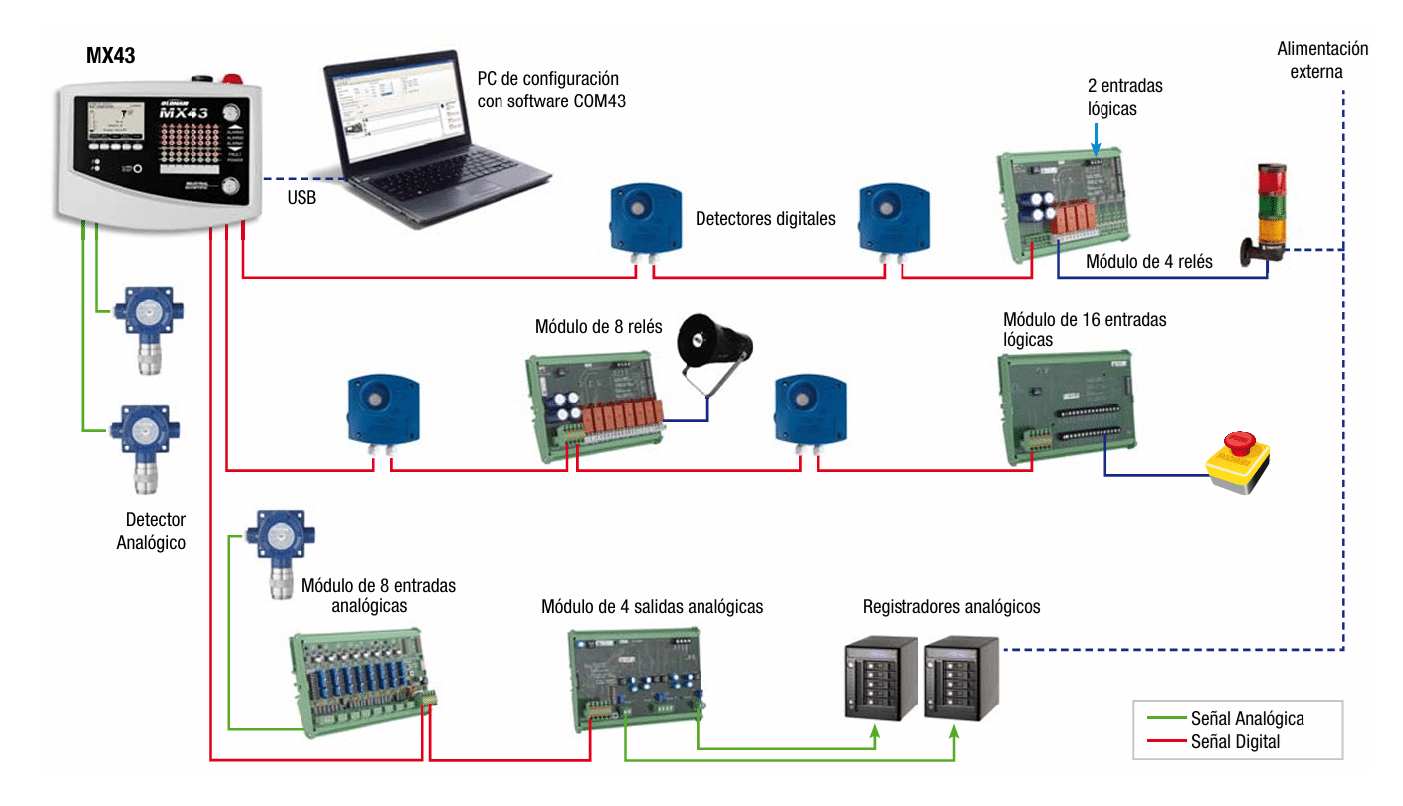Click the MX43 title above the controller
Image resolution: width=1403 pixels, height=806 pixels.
coord(110,56)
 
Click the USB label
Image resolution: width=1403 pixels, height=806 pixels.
coord(301,198)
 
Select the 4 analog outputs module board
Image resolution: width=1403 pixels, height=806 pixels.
coord(637,678)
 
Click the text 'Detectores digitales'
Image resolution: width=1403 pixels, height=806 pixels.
coord(765,219)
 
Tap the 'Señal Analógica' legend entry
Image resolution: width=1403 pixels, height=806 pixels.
coord(1246,719)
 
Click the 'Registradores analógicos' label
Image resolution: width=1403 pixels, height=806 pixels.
coord(951,606)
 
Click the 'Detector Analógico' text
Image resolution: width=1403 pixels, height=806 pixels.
coord(152,531)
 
